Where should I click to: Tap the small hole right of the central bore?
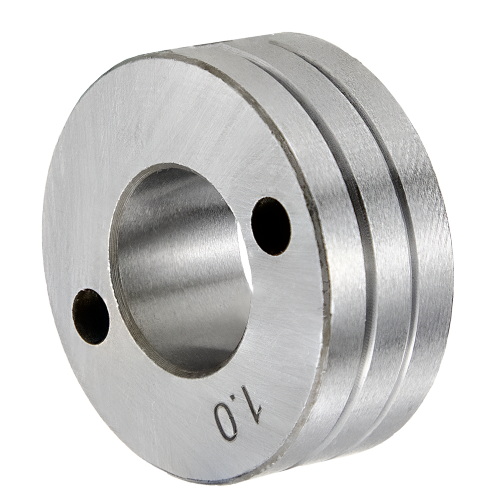[x=271, y=226]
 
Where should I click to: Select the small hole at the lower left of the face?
[x=91, y=317]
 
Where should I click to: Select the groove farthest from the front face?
[x=395, y=187]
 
